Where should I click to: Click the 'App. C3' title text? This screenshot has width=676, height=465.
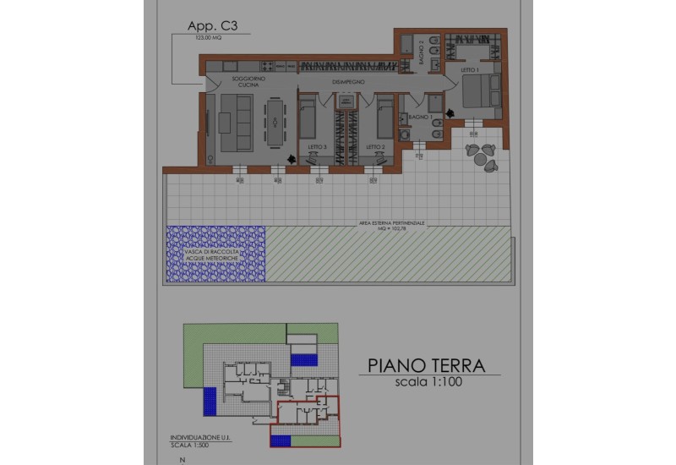208,26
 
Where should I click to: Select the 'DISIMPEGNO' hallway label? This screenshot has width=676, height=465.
347,81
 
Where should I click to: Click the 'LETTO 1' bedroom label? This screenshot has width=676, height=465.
470,70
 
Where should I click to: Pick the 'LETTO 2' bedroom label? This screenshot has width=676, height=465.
376,147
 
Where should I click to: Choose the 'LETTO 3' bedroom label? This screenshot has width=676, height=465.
317,147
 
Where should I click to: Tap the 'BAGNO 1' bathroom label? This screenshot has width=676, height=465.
420,116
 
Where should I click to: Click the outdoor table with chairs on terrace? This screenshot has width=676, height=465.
482,156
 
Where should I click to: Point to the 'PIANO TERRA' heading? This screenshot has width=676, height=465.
426,365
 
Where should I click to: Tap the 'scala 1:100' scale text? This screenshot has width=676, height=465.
428,382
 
